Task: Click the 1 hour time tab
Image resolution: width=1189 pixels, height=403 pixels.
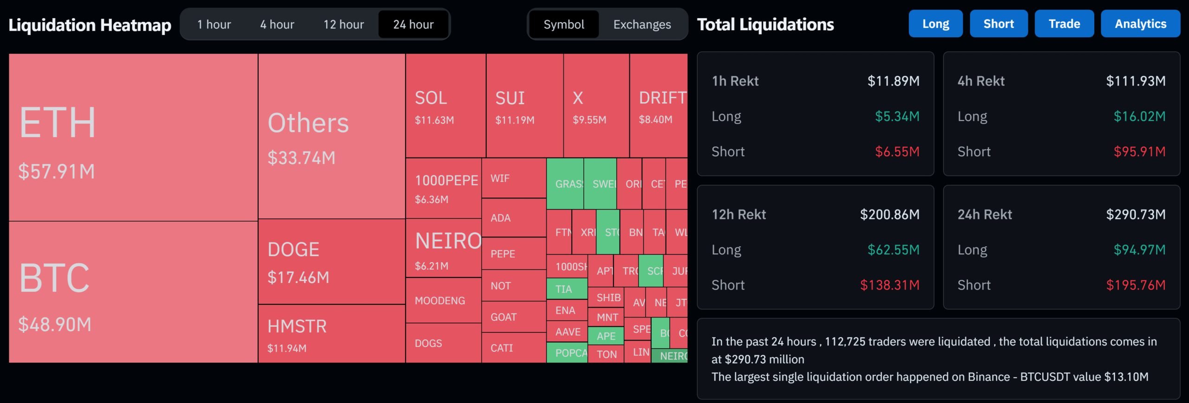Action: (214, 24)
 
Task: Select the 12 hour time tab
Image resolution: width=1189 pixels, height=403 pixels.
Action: (343, 24)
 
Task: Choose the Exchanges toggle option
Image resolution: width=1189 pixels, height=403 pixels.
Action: (642, 24)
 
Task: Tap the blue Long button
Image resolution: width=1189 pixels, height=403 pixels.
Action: (935, 24)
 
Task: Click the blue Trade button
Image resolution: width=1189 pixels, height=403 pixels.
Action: (1064, 24)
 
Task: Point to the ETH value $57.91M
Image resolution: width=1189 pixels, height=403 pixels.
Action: (57, 172)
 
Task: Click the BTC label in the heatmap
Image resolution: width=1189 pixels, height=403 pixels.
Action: (54, 278)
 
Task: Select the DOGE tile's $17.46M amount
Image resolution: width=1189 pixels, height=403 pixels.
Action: (298, 277)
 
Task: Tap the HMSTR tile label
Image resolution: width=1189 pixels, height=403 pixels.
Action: (297, 326)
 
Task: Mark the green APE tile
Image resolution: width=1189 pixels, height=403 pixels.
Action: (606, 336)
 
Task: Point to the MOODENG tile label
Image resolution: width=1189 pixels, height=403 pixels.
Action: (440, 301)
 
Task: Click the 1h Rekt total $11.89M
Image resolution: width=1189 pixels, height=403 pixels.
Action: (893, 81)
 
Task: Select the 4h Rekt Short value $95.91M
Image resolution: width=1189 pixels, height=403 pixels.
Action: (1139, 152)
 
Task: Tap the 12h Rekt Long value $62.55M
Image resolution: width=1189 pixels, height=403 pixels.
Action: (893, 250)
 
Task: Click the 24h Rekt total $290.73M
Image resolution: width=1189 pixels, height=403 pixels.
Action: (1136, 214)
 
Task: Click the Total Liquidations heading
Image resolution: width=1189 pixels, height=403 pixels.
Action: (765, 24)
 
